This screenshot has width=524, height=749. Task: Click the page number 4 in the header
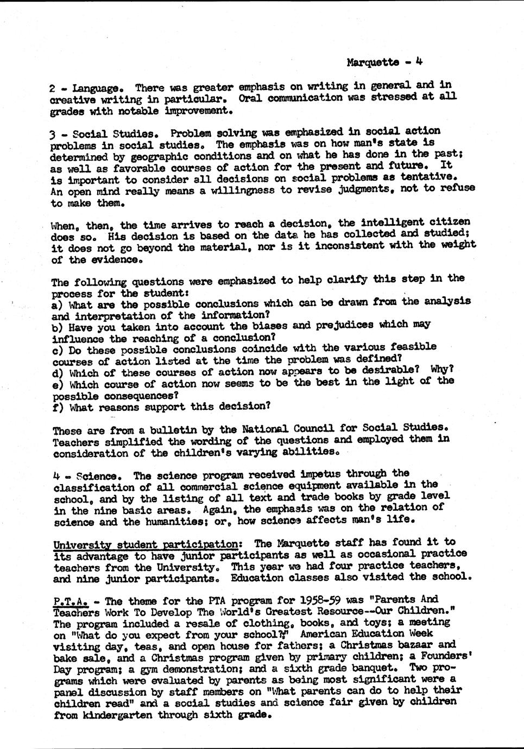[419, 61]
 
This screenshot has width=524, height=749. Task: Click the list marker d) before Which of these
[57, 373]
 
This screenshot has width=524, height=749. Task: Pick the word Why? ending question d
[441, 369]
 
